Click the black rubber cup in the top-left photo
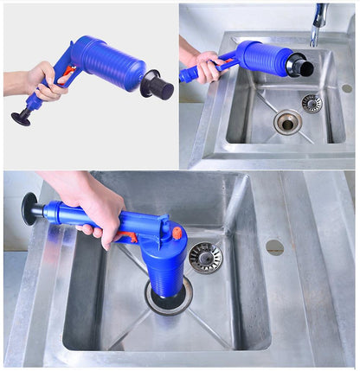pos(157,84)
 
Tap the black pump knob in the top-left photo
pos(18,118)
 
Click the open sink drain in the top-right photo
pos(288,122)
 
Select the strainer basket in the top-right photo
pos(312,103)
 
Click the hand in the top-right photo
pos(207,65)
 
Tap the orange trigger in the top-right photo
pos(228,66)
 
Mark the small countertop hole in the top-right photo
pos(346,88)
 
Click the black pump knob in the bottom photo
pos(31,208)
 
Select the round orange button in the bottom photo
pos(177,232)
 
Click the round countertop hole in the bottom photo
pos(275,247)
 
